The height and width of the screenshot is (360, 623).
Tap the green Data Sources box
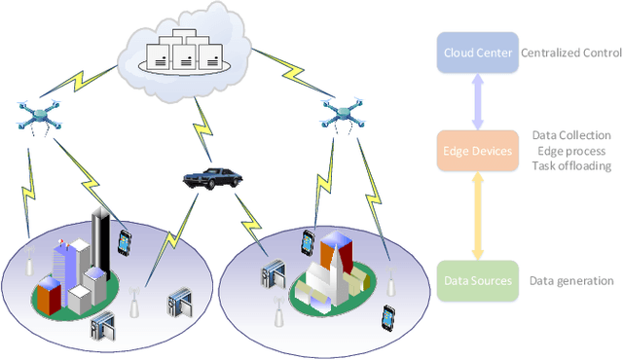pyautogui.click(x=478, y=280)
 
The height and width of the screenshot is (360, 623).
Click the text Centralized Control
pyautogui.click(x=571, y=53)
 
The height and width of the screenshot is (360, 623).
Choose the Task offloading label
pyautogui.click(x=571, y=166)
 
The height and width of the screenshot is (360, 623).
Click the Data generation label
pyautogui.click(x=571, y=281)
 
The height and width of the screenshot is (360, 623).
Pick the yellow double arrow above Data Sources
pyautogui.click(x=478, y=215)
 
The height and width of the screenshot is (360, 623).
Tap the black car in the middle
pyautogui.click(x=212, y=177)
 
